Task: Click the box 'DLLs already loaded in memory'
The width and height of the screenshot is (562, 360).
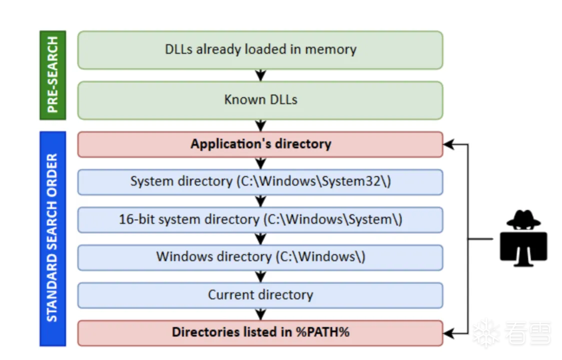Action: pos(260,50)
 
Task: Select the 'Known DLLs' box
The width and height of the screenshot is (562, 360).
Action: pos(260,100)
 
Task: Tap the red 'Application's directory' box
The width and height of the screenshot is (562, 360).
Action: pos(260,144)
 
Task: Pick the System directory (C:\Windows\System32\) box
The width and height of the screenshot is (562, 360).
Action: pos(260,182)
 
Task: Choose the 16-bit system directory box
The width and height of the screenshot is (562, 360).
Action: pos(260,220)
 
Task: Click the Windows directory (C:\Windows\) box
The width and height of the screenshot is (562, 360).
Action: pos(260,257)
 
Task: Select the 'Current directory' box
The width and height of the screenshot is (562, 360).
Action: pos(260,295)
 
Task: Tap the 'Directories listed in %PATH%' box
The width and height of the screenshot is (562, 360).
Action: pos(260,333)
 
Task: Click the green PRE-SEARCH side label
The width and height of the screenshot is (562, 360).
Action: pos(52,75)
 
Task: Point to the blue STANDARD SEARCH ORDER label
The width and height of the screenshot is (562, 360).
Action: pos(52,239)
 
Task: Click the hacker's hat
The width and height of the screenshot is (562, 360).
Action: pos(523,218)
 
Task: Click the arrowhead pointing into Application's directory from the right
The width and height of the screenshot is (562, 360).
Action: pos(448,144)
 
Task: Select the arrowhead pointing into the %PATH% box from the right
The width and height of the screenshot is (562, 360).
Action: pos(448,333)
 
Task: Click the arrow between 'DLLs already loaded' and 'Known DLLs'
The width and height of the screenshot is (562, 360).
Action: pos(260,75)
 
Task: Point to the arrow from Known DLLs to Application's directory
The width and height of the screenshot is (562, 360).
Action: pos(260,125)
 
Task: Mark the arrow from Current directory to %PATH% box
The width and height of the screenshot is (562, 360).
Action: pos(260,314)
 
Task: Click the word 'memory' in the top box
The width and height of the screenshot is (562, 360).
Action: pos(330,49)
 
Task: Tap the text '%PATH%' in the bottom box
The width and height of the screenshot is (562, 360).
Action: pos(322,332)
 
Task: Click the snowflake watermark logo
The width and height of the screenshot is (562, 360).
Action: pos(485,333)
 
